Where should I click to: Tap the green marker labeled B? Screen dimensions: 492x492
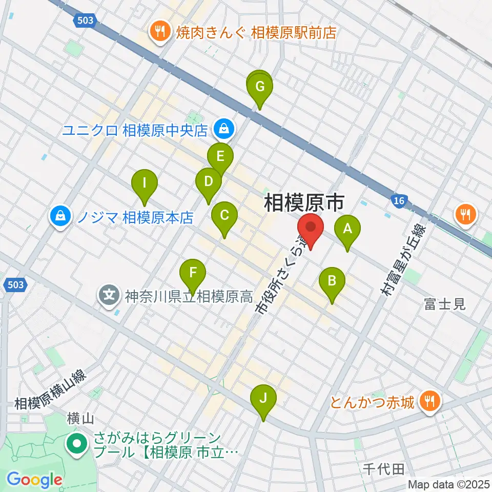(x=332, y=281)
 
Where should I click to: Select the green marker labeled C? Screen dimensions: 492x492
(x=224, y=216)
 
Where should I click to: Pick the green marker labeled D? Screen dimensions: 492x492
(x=209, y=181)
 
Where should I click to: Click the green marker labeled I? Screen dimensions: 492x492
(x=145, y=183)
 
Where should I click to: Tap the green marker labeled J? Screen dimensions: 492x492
(x=263, y=398)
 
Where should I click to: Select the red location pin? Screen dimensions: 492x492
(x=310, y=227)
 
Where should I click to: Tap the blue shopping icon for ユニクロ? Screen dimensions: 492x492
(x=224, y=130)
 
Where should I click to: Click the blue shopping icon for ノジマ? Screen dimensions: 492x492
(x=60, y=217)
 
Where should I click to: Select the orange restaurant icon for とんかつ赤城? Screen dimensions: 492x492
(x=430, y=400)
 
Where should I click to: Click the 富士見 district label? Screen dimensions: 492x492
(x=444, y=304)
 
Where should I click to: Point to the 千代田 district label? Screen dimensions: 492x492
(x=384, y=468)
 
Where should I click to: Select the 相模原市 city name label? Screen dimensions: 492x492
(x=303, y=203)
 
